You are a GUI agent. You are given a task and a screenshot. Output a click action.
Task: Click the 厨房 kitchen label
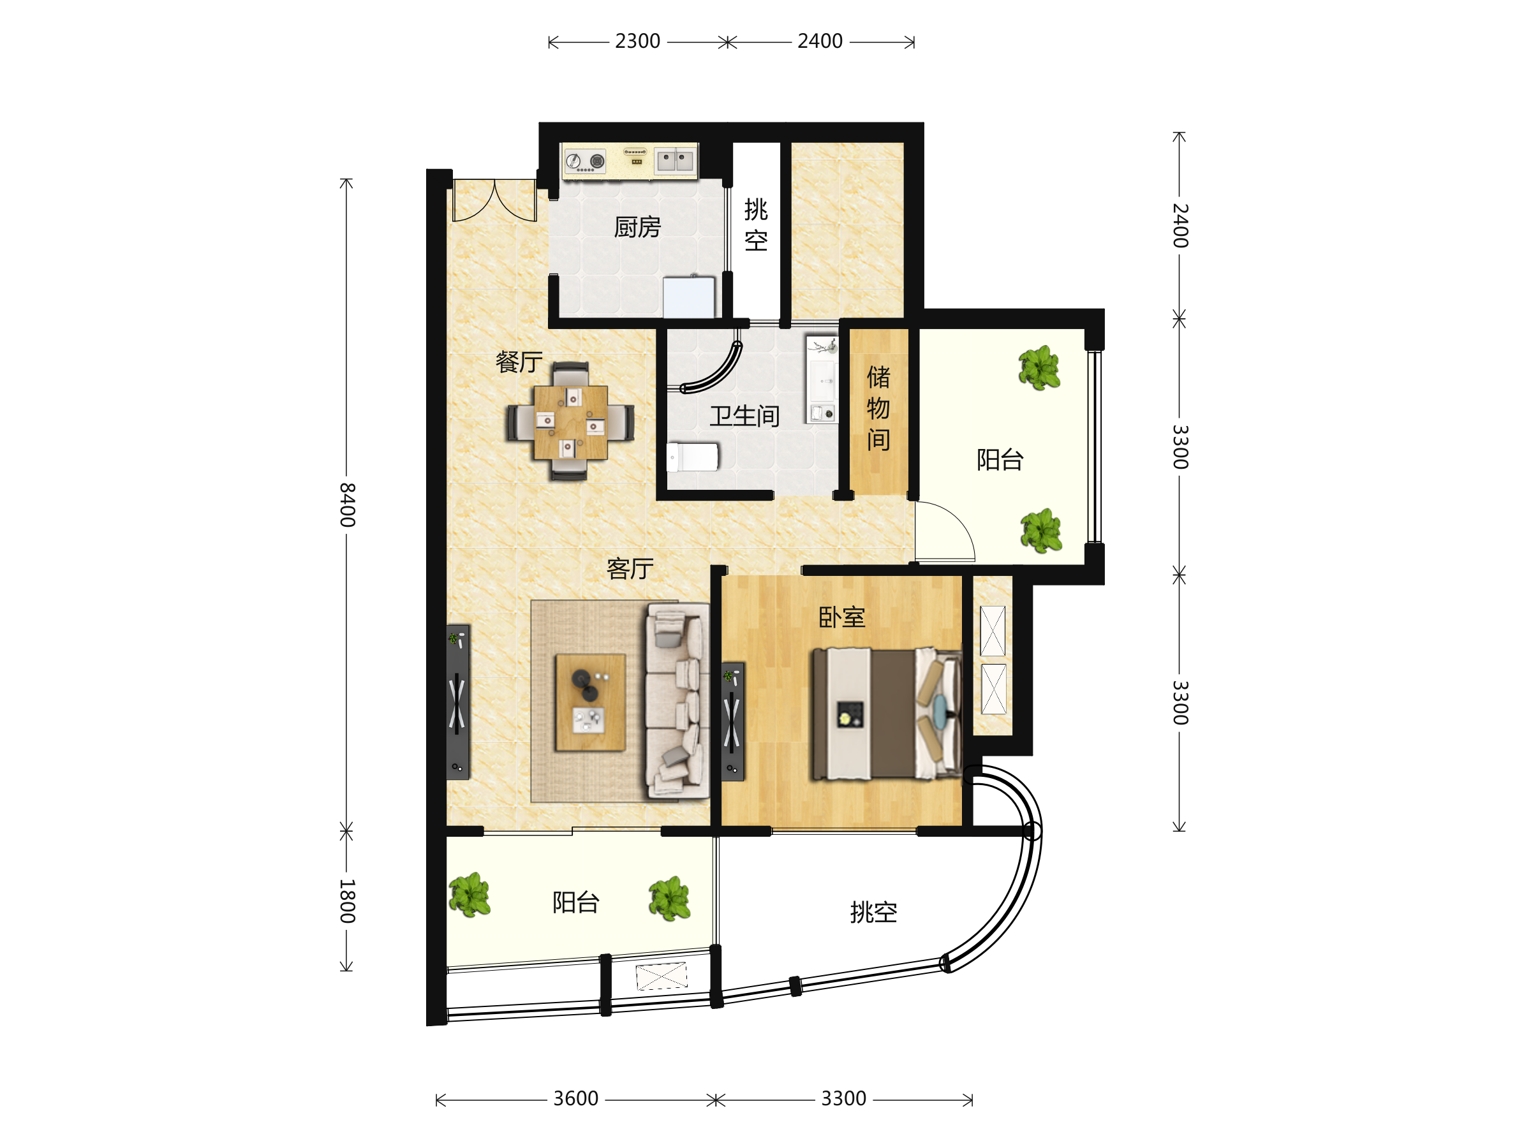637,227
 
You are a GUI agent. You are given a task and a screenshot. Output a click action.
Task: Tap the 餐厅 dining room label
519,362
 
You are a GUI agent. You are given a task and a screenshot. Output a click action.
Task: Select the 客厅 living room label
630,569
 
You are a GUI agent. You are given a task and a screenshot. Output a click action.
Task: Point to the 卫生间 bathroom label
744,416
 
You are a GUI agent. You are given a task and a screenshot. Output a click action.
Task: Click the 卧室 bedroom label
841,617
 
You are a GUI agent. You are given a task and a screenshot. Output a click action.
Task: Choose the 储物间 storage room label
878,408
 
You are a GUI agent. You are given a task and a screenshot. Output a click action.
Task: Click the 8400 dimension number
348,505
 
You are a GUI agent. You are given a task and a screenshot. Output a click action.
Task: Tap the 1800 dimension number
348,901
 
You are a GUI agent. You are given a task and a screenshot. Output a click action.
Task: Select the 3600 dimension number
576,1098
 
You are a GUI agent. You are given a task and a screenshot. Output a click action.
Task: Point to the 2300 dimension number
637,41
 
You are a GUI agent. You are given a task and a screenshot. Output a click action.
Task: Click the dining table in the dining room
570,422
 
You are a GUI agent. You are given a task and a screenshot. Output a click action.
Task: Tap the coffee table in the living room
590,702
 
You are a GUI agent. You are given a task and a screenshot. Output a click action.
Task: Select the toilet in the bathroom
692,457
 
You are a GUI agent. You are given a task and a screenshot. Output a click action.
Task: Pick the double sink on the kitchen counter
675,161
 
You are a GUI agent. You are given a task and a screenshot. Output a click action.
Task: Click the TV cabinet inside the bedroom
732,722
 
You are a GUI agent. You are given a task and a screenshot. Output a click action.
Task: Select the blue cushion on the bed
940,711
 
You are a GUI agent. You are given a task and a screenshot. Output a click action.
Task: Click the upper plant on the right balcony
1039,367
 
